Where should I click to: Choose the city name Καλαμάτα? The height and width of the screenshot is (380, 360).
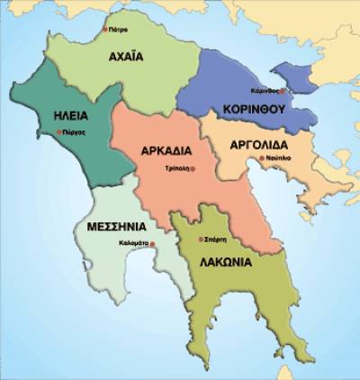(x=134, y=244)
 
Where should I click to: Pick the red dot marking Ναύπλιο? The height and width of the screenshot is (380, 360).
(x=261, y=158)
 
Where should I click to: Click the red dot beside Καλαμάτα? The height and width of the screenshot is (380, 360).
(x=152, y=244)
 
